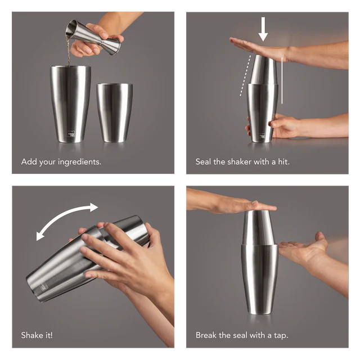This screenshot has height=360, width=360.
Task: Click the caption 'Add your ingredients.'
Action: tap(61, 162)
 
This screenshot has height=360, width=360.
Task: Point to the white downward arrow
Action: tap(263, 29)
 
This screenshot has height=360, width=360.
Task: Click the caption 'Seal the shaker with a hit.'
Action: tap(242, 162)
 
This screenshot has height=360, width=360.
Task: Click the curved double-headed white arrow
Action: tap(67, 221)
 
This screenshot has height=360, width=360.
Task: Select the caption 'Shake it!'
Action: tap(37, 335)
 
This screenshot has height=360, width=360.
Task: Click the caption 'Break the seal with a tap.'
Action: tap(242, 335)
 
